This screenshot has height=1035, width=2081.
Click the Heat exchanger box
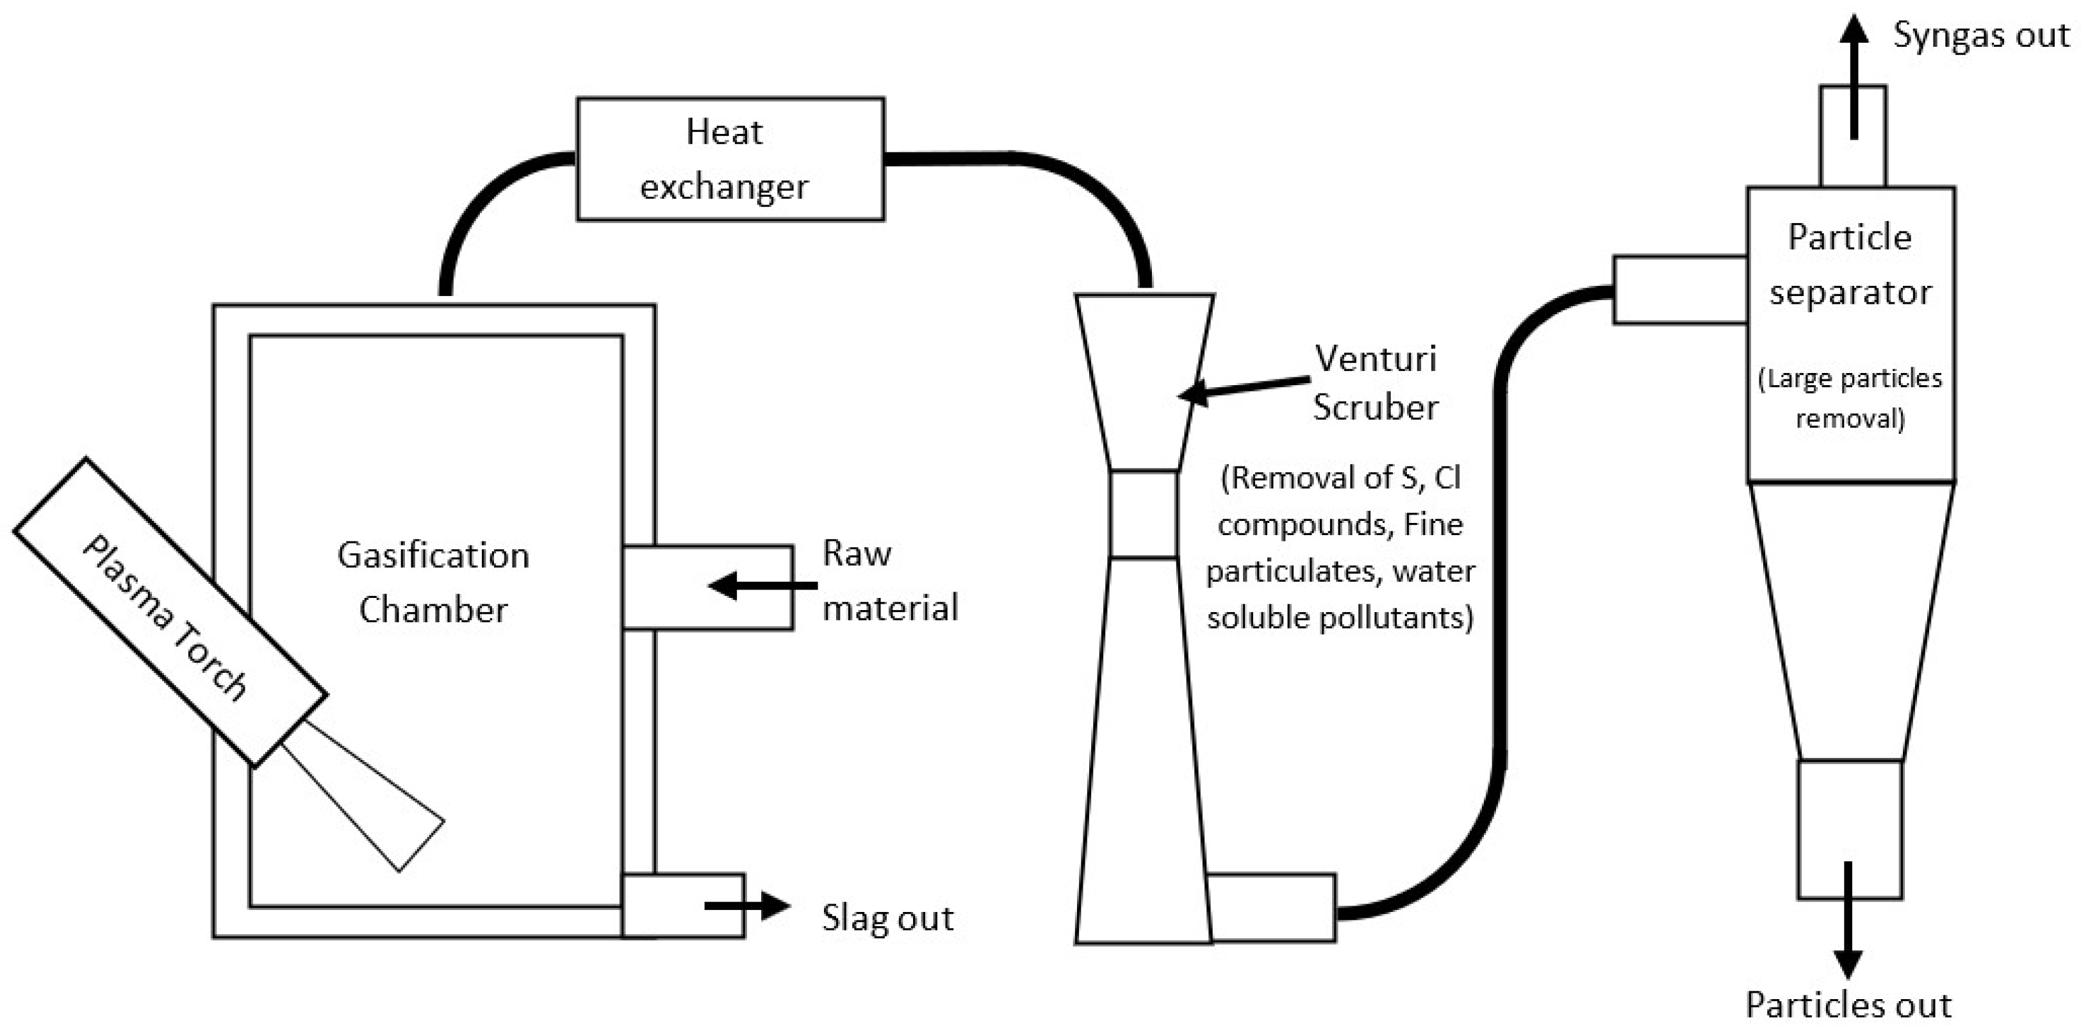coord(730,159)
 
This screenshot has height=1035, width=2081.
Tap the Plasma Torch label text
coord(165,617)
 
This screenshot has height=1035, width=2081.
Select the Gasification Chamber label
coord(434,583)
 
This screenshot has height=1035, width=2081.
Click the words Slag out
coord(887,918)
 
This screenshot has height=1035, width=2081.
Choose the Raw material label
coord(889,581)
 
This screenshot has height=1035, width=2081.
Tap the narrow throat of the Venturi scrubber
coord(1143,515)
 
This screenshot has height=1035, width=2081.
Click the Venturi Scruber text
coord(1375,383)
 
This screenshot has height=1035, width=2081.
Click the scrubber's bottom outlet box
coord(1272,908)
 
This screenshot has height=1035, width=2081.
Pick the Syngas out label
coord(1981,35)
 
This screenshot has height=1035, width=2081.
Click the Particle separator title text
coord(1850,264)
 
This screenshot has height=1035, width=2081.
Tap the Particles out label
coord(1848,1005)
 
